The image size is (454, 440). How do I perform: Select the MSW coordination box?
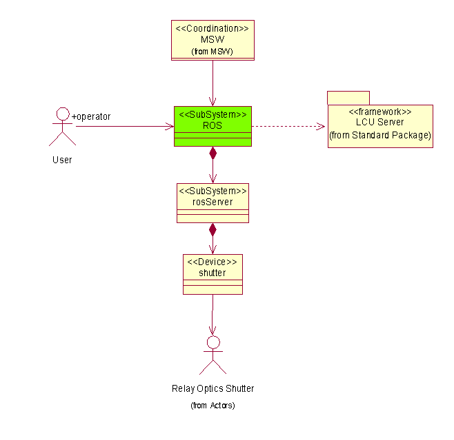point(213,39)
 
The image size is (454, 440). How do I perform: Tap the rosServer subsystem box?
point(213,202)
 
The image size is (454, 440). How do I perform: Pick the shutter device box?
point(213,274)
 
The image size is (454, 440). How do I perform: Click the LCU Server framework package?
point(380,126)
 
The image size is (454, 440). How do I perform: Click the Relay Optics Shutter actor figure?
point(213,355)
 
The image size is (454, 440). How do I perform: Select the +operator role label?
point(91,116)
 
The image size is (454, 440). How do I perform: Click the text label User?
point(62,160)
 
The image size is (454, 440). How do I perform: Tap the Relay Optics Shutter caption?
point(213,388)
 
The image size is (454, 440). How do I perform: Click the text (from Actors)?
point(213,406)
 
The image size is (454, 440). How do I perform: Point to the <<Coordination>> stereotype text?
point(213,28)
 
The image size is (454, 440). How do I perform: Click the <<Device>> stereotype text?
point(213,262)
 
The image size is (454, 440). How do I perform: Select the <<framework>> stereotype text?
point(380,112)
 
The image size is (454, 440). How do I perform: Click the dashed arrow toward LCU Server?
point(286,126)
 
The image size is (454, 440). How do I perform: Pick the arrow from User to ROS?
point(124,126)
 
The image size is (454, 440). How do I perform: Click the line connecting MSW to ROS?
point(213,83)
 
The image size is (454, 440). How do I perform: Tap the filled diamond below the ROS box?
point(213,153)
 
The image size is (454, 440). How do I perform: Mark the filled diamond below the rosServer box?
point(213,229)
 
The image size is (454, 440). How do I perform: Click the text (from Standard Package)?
point(380,136)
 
